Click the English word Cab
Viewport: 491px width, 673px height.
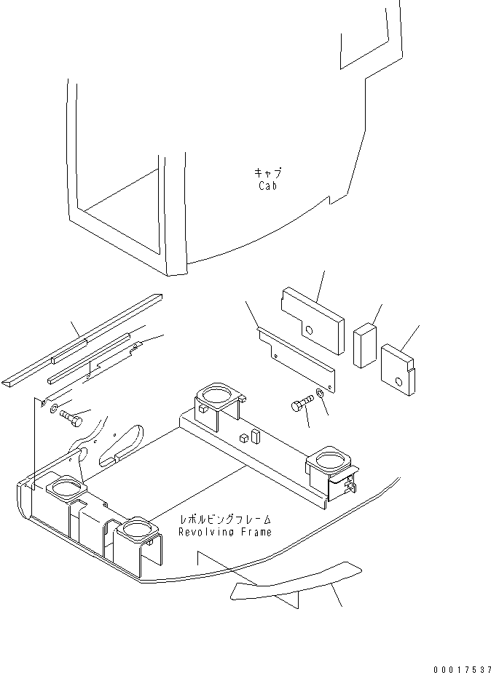(x=267, y=186)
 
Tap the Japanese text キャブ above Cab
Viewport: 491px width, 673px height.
(x=267, y=173)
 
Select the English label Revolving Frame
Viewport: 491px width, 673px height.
(x=224, y=532)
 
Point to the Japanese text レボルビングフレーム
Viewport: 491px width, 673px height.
(x=227, y=519)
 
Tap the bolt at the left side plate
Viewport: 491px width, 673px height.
(x=71, y=418)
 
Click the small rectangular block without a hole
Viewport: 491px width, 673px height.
(x=365, y=343)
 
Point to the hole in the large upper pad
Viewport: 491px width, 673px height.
(x=310, y=331)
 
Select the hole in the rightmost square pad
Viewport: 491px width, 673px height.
(x=398, y=381)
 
